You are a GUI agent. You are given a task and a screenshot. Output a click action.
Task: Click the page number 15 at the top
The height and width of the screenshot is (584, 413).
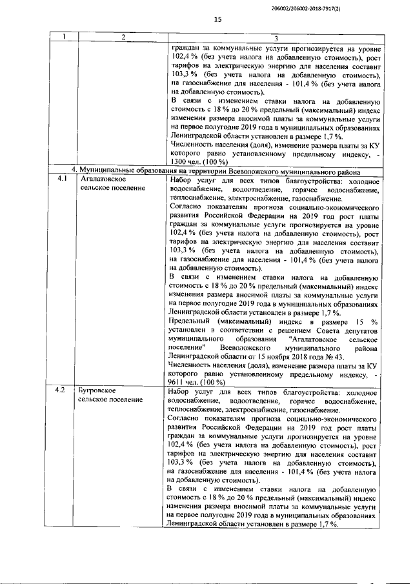pyautogui.click(x=217, y=20)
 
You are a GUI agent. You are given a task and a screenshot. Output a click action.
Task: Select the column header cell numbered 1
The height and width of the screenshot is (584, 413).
pyautogui.click(x=65, y=39)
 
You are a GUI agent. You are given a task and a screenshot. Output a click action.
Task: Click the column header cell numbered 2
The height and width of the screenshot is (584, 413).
pyautogui.click(x=123, y=39)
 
